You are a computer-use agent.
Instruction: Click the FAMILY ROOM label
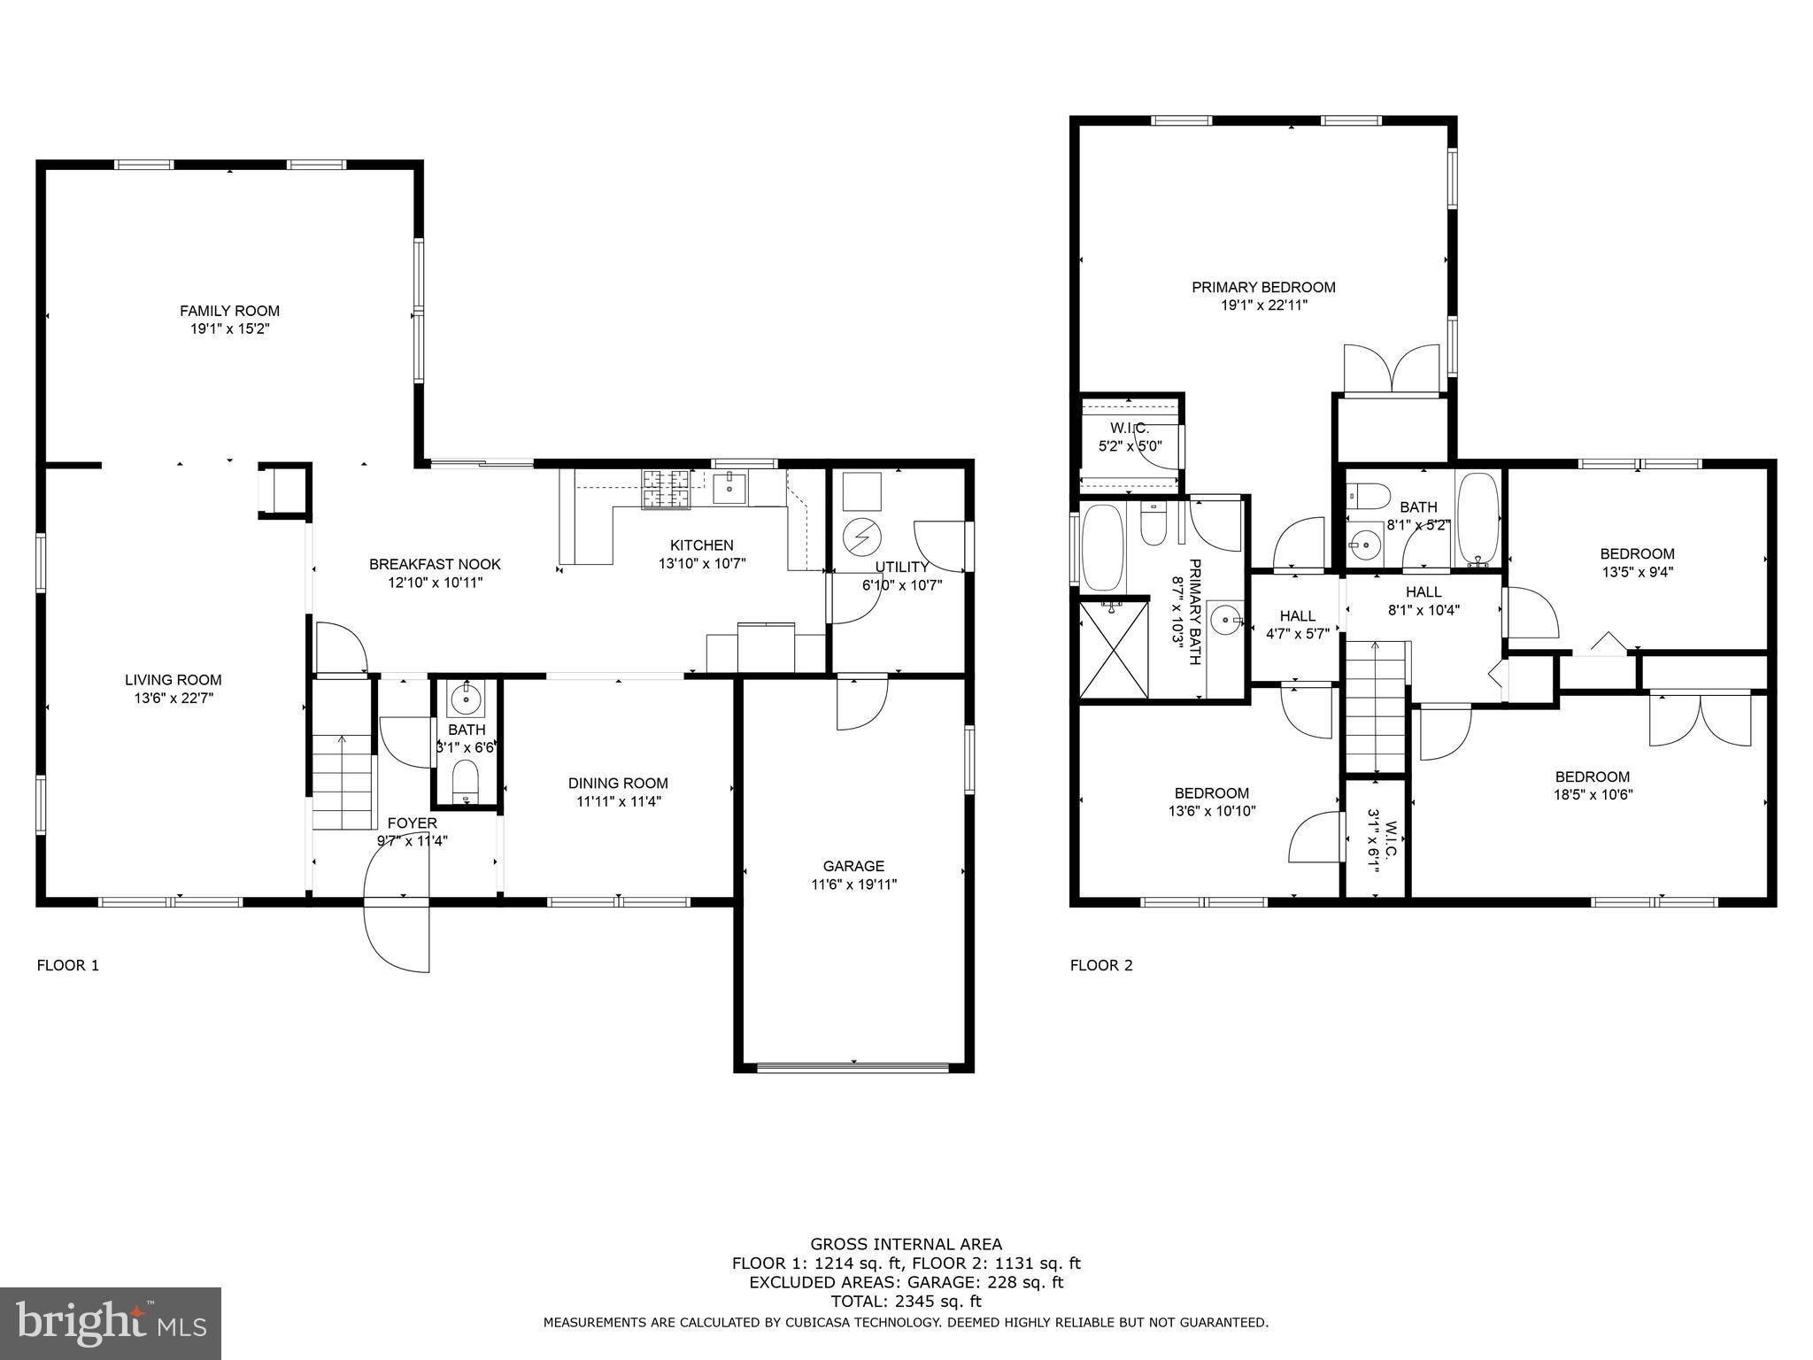click(229, 311)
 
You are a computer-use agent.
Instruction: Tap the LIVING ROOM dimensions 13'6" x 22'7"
click(173, 698)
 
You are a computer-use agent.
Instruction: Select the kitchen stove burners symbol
click(666, 490)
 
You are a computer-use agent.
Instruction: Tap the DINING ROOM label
click(618, 783)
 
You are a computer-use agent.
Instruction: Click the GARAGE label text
click(853, 866)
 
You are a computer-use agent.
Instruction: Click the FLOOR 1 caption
click(67, 965)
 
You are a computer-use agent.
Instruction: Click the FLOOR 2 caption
click(1101, 965)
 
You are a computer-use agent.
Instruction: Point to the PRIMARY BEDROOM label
click(1263, 287)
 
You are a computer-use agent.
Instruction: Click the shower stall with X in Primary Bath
click(1114, 649)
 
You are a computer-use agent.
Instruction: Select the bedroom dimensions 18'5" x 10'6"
click(1593, 795)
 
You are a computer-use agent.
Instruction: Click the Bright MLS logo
click(111, 1323)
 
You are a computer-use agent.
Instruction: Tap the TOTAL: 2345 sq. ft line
click(906, 1302)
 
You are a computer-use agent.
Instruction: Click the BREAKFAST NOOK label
click(435, 564)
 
